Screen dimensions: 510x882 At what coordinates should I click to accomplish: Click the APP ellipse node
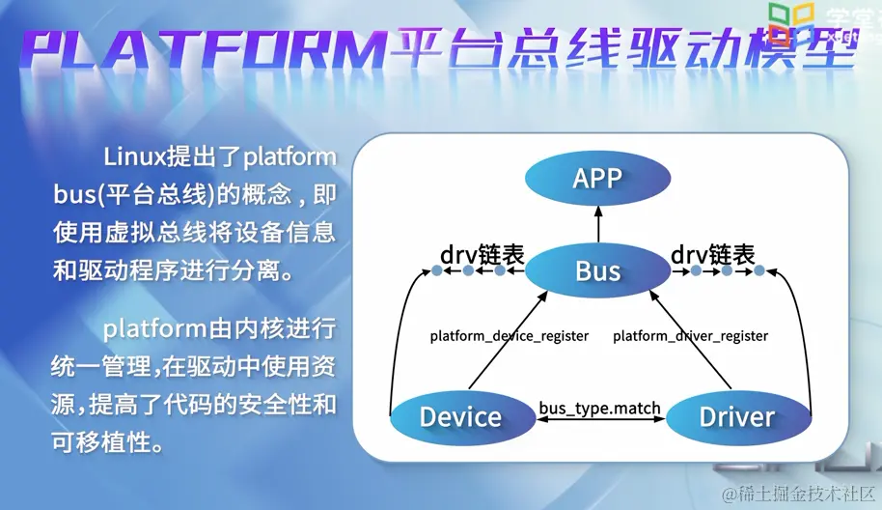[x=597, y=179]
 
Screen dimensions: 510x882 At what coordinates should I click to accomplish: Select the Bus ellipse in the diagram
[x=597, y=270]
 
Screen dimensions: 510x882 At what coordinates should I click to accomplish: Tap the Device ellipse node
[x=460, y=417]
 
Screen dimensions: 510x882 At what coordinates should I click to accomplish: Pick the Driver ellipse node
[x=737, y=417]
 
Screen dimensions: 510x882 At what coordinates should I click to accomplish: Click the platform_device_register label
[x=510, y=336]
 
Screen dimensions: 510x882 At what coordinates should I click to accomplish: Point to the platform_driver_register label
[x=691, y=336]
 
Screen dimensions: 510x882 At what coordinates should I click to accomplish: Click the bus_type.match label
[x=599, y=408]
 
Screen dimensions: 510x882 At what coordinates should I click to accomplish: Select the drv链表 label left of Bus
[x=482, y=255]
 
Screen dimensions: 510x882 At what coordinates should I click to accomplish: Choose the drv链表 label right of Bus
[x=712, y=255]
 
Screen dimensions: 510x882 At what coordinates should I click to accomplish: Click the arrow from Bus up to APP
[x=597, y=225]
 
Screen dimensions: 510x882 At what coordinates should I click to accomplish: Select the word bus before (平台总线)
[x=71, y=194]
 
